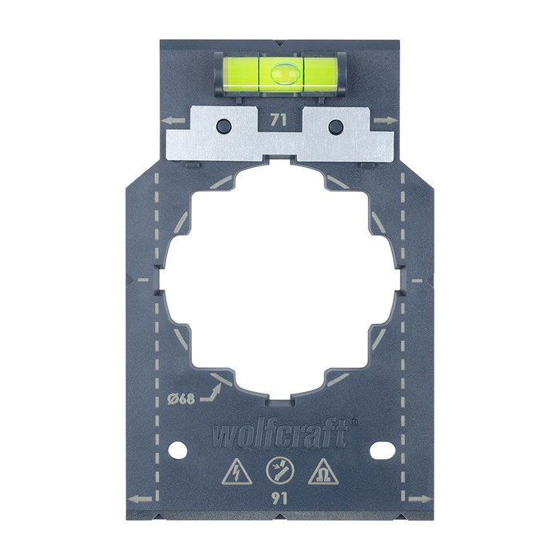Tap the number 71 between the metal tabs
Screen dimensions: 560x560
(280, 122)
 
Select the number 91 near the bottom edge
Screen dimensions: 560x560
(280, 498)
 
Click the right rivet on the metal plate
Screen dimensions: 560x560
(334, 126)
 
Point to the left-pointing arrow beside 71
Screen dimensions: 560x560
(169, 121)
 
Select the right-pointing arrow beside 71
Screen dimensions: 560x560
(390, 121)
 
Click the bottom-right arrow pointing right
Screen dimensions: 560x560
(420, 502)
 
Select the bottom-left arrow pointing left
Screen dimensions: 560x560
(139, 502)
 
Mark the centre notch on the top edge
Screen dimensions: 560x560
(280, 42)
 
